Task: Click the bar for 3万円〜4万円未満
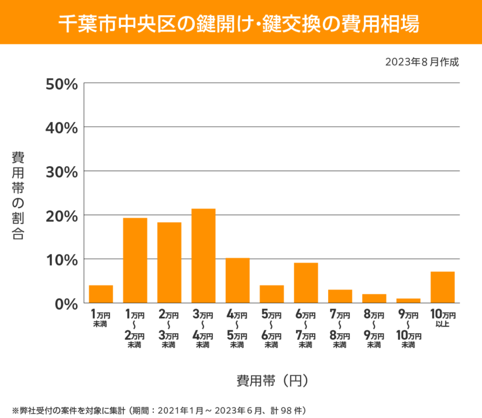203,256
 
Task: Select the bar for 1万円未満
101,294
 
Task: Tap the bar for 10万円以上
443,287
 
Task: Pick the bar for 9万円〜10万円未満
408,301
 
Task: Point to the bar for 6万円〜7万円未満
306,283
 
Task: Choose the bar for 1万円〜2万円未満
135,260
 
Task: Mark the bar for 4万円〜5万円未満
238,280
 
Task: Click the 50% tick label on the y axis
61,84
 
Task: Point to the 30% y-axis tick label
61,171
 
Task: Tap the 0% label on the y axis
66,303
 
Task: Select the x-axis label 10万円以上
443,319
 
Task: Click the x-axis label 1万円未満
101,319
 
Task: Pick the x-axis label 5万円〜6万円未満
272,329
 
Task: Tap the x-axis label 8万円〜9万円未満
374,329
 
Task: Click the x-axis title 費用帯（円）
272,380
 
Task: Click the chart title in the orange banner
240,22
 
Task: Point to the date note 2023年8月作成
422,62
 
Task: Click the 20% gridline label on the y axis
61,215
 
